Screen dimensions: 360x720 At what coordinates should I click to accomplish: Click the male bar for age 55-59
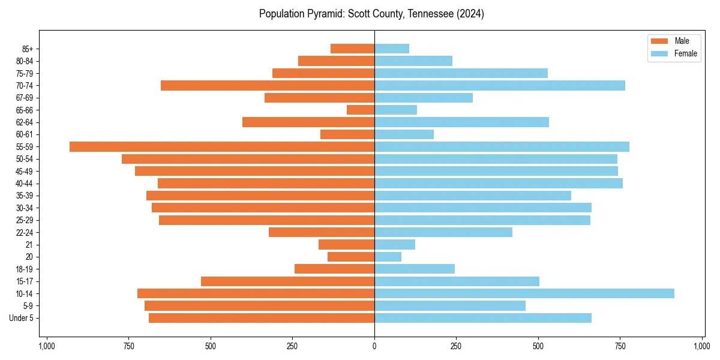pos(222,147)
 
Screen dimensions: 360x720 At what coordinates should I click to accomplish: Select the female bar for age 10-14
pos(524,293)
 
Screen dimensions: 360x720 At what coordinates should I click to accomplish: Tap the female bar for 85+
pos(392,49)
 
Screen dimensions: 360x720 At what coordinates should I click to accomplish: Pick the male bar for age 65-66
pos(361,110)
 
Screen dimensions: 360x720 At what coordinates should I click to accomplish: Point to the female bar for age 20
pos(388,257)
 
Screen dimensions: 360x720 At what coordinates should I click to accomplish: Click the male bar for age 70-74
pos(268,86)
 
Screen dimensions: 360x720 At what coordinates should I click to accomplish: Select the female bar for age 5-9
pos(450,306)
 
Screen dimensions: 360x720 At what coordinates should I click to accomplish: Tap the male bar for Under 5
pos(262,318)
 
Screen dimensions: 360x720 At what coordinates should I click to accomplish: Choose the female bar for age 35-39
pos(473,196)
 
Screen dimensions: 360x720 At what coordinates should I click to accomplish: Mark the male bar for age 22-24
pos(322,232)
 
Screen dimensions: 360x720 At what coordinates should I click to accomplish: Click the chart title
pos(371,14)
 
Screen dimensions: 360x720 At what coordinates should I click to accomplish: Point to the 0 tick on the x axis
pos(374,346)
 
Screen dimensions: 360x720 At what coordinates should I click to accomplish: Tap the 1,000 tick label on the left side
pos(47,346)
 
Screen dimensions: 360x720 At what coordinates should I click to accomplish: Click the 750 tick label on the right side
pos(620,346)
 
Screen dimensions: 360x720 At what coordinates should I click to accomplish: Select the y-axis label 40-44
pos(25,184)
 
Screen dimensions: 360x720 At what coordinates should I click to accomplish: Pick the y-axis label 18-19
pos(25,269)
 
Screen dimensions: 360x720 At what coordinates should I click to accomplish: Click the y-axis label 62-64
pos(25,122)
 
